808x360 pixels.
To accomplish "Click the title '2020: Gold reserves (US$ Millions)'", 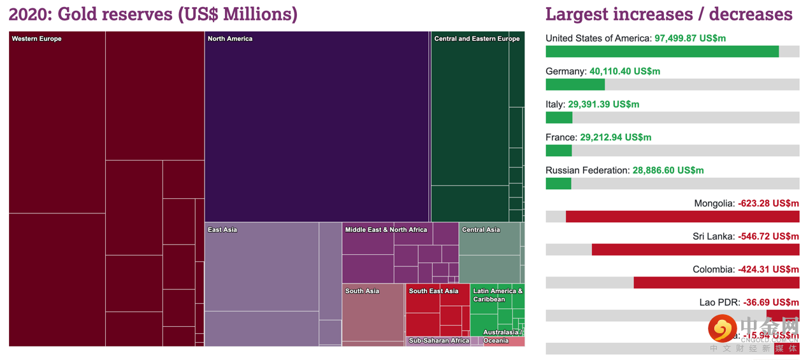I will pyautogui.click(x=153, y=14).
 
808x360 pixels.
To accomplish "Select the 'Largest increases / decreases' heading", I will pyautogui.click(x=668, y=14).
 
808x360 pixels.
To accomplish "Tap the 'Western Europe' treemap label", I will pyautogui.click(x=37, y=39).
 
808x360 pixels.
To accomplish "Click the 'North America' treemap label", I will pyautogui.click(x=230, y=39).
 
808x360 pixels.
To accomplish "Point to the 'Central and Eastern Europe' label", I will pyautogui.click(x=477, y=39).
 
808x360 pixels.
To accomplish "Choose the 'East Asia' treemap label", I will pyautogui.click(x=222, y=230).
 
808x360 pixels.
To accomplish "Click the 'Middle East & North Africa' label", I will pyautogui.click(x=386, y=230).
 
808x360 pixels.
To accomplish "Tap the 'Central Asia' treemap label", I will pyautogui.click(x=481, y=230).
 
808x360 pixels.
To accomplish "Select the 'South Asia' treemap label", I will pyautogui.click(x=363, y=291).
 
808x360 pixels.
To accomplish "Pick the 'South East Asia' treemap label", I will pyautogui.click(x=433, y=291).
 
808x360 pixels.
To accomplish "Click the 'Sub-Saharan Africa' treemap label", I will pyautogui.click(x=439, y=341).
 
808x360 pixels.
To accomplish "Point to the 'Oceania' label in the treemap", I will pyautogui.click(x=496, y=341).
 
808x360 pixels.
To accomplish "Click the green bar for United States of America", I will pyautogui.click(x=662, y=52).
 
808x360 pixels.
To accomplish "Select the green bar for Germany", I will pyautogui.click(x=575, y=85).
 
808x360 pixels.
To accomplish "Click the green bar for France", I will pyautogui.click(x=559, y=151).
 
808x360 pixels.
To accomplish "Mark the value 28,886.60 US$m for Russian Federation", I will pyautogui.click(x=668, y=171).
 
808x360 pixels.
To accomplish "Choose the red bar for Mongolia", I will pyautogui.click(x=682, y=217).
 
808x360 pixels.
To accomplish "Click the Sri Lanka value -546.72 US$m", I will pyautogui.click(x=768, y=237).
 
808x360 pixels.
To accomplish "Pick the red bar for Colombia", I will pyautogui.click(x=716, y=283).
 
